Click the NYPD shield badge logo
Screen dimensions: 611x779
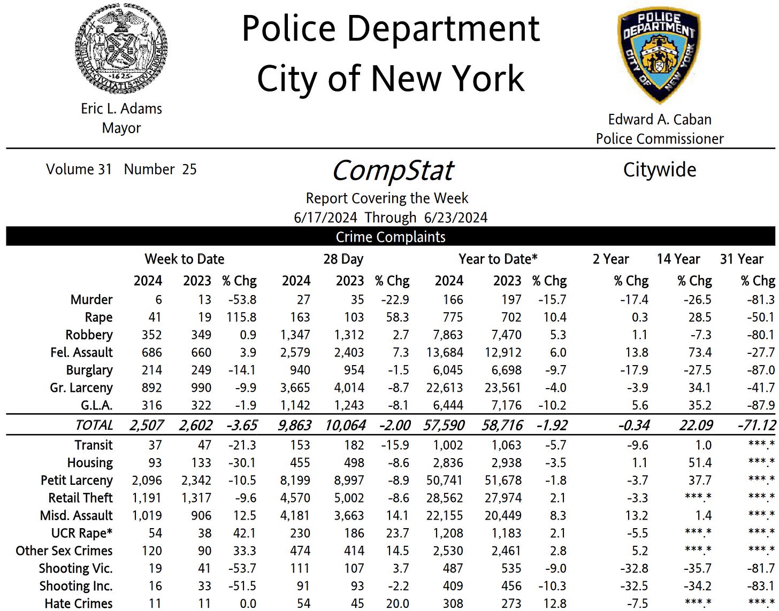click(659, 55)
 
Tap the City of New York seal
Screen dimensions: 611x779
click(121, 49)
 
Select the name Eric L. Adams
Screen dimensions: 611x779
click(121, 109)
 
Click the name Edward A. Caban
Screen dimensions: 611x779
click(660, 119)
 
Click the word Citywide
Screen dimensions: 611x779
click(660, 170)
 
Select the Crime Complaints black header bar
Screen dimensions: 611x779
click(390, 237)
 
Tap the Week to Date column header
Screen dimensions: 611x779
click(184, 259)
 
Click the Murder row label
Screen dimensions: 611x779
click(91, 299)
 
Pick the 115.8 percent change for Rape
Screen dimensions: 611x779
click(241, 317)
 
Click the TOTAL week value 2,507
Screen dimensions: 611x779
click(146, 426)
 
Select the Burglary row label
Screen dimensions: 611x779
click(89, 370)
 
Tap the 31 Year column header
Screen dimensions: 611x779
click(742, 259)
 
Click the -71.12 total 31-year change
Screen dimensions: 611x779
click(756, 426)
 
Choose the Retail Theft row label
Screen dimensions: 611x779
click(80, 498)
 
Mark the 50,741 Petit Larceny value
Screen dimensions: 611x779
click(444, 480)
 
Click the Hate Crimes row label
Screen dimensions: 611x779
click(79, 604)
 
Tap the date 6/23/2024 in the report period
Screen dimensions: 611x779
click(455, 218)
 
